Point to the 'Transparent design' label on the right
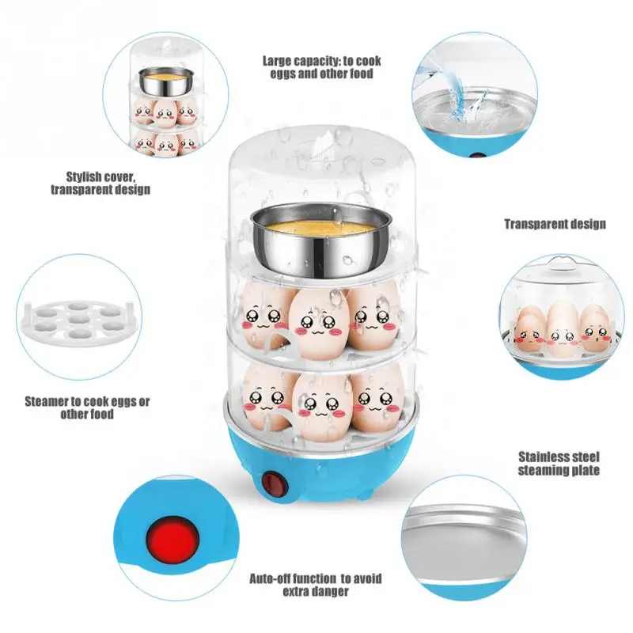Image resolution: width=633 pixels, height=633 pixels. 555,224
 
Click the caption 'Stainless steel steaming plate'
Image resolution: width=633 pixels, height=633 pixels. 559,464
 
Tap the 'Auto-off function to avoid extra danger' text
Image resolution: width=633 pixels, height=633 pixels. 315,585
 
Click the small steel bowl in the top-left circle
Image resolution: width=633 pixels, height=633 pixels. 166,81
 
